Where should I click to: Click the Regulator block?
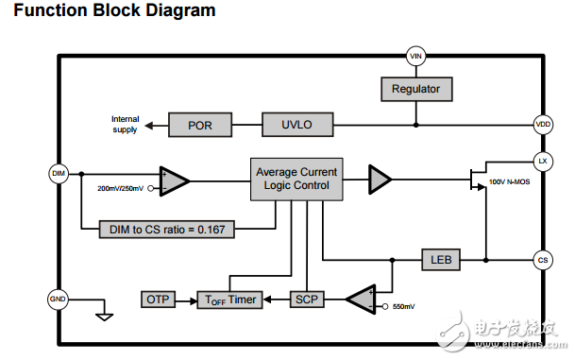pyautogui.click(x=415, y=89)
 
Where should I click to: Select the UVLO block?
pyautogui.click(x=295, y=124)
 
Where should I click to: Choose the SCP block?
pyautogui.click(x=306, y=299)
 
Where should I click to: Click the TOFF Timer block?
pyautogui.click(x=230, y=299)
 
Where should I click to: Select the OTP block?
pyautogui.click(x=158, y=299)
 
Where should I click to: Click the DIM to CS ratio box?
pyautogui.click(x=167, y=228)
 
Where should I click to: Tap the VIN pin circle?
pyautogui.click(x=415, y=56)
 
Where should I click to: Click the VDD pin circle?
pyautogui.click(x=544, y=124)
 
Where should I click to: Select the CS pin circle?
pyautogui.click(x=544, y=259)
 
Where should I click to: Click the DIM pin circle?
pyautogui.click(x=58, y=173)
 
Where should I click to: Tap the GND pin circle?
pyautogui.click(x=58, y=299)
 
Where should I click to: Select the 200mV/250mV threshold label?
pyautogui.click(x=121, y=188)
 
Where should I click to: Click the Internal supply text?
pyautogui.click(x=125, y=124)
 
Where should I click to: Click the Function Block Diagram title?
pyautogui.click(x=114, y=11)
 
